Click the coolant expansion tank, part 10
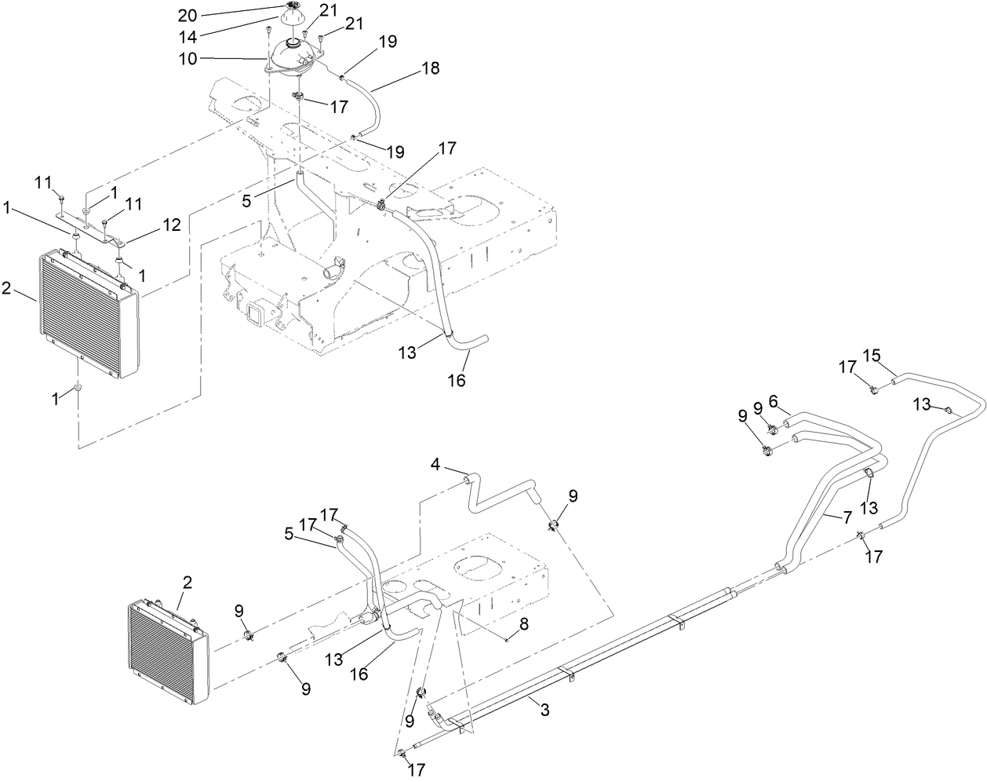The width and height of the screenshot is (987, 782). click(x=293, y=59)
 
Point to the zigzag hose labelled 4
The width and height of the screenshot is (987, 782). click(x=502, y=502)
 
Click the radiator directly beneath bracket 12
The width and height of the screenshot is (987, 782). click(x=86, y=314)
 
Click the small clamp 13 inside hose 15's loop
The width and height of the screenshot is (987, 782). click(x=947, y=409)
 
